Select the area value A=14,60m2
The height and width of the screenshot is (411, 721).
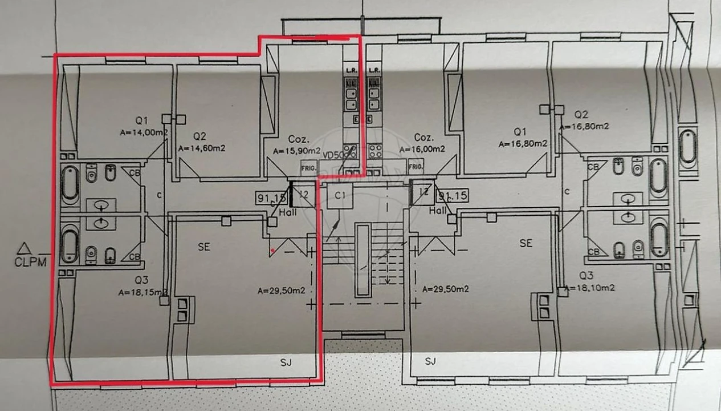pyautogui.click(x=202, y=148)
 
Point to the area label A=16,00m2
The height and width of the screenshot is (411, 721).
pyautogui.click(x=423, y=150)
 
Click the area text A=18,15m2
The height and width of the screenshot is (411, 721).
pyautogui.click(x=142, y=292)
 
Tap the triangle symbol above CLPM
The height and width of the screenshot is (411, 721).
pyautogui.click(x=23, y=248)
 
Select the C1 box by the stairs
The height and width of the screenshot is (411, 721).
pyautogui.click(x=341, y=196)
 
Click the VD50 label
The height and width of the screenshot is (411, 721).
pyautogui.click(x=333, y=155)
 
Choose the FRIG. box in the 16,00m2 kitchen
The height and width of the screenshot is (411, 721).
pyautogui.click(x=416, y=167)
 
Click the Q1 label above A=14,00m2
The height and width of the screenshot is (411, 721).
pyautogui.click(x=142, y=120)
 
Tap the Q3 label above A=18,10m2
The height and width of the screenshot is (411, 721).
pyautogui.click(x=587, y=277)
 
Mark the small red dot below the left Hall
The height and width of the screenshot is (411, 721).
pyautogui.click(x=274, y=250)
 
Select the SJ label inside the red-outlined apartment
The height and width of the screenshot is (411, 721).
pyautogui.click(x=286, y=361)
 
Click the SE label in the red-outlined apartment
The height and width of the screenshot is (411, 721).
pyautogui.click(x=204, y=247)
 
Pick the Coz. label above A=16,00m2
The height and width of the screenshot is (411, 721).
pyautogui.click(x=424, y=138)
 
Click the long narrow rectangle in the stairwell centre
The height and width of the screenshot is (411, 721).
pyautogui.click(x=362, y=260)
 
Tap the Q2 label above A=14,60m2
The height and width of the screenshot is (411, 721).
pyautogui.click(x=199, y=136)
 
